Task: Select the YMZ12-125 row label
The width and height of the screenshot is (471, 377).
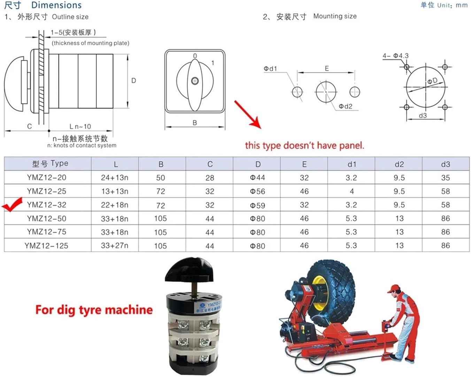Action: (x=46, y=246)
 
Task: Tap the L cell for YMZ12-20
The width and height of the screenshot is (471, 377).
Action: (x=115, y=178)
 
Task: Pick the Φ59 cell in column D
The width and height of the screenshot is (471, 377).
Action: (x=257, y=205)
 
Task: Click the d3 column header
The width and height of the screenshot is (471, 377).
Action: (x=445, y=164)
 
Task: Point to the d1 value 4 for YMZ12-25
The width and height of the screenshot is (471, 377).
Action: (x=352, y=191)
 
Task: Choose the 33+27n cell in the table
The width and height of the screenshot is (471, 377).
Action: (x=115, y=246)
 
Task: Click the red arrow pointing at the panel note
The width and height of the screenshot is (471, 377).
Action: (x=248, y=114)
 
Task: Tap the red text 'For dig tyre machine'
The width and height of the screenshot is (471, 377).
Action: (x=94, y=310)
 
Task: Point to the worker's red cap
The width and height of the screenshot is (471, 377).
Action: (x=394, y=288)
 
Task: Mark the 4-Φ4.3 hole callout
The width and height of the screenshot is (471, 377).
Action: (x=395, y=56)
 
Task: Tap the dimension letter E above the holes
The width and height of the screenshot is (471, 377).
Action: (x=327, y=68)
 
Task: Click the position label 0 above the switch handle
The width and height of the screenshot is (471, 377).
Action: (x=195, y=56)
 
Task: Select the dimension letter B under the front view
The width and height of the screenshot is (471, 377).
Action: (x=195, y=123)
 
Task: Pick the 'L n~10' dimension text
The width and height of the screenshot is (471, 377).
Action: (x=80, y=126)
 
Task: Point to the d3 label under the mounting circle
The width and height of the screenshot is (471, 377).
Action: (x=423, y=115)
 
